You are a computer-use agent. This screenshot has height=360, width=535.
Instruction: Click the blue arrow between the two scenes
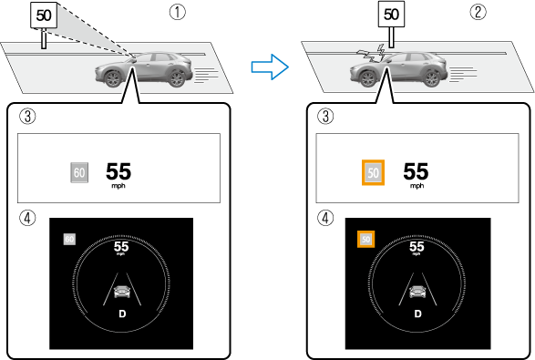point(270,67)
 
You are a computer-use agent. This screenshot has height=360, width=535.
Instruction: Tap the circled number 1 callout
point(178,12)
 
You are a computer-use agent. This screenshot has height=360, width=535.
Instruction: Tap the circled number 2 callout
point(478,12)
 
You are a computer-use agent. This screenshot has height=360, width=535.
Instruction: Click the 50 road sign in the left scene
point(44,15)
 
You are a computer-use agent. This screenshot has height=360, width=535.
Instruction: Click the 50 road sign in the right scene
point(391,15)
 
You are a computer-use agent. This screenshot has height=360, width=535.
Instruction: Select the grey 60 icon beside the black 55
point(79,172)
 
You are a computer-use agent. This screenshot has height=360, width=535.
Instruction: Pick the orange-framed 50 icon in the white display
point(373,172)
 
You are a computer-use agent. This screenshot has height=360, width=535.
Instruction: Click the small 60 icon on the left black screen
point(69,239)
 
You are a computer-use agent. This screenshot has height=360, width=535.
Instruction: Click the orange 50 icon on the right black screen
point(365,239)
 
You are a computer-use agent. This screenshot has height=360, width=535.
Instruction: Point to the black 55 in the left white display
point(118,171)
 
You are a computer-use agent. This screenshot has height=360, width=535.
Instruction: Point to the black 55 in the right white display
point(416,171)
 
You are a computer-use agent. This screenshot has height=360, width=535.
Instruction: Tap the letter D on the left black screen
point(122,314)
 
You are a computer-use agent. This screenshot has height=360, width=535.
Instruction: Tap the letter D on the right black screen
point(418,314)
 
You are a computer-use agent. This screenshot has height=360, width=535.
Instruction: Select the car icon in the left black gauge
point(122,292)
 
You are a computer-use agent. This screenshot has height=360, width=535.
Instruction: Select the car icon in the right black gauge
point(417,292)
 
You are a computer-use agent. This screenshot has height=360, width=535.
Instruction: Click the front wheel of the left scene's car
point(112,78)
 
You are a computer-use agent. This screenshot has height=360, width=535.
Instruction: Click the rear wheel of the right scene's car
point(430,78)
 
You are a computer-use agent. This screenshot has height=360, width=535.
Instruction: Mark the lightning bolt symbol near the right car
point(380,52)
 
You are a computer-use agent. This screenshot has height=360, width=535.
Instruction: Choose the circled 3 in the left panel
point(27,116)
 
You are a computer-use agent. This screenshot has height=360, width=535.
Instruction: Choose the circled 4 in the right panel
point(325,218)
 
